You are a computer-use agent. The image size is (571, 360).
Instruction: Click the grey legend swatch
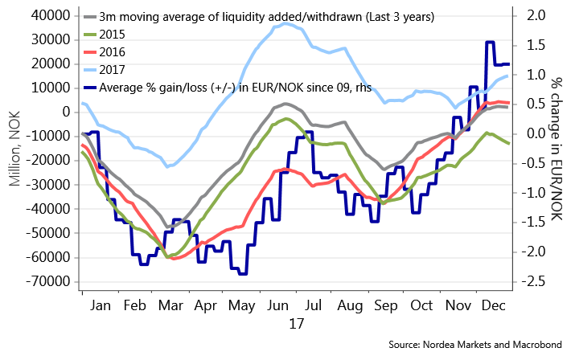tap(90, 17)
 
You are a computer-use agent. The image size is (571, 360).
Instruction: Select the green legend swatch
tap(90, 35)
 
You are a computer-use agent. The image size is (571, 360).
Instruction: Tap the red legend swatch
tap(90, 52)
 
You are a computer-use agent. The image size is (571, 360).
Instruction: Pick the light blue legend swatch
tap(90, 70)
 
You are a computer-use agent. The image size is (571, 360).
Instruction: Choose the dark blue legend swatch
tap(90, 88)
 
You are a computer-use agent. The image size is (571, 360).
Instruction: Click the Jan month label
tap(101, 306)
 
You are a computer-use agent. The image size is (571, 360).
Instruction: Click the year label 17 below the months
tap(296, 324)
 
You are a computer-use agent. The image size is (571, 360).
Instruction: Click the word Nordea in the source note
tap(430, 346)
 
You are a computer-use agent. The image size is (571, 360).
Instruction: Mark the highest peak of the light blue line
tap(285, 23)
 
